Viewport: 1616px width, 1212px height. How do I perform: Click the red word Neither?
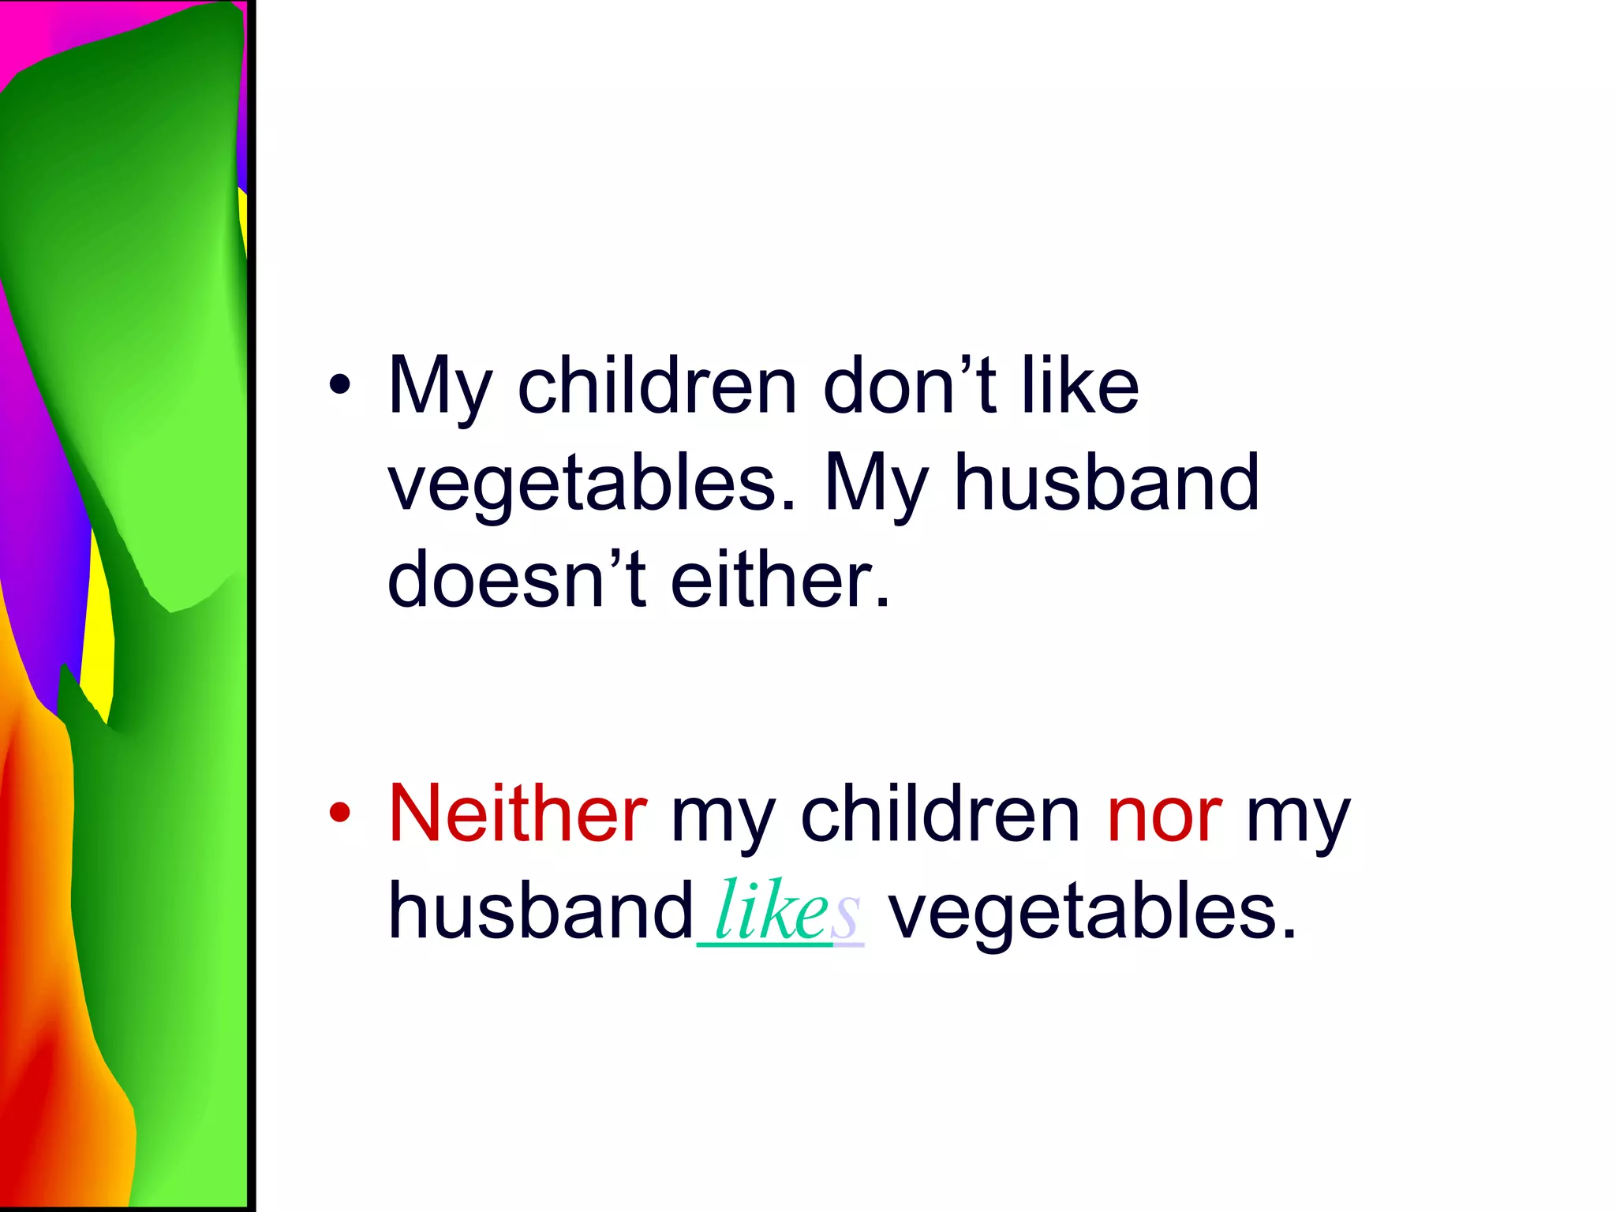(518, 814)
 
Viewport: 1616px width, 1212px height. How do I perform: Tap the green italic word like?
(771, 911)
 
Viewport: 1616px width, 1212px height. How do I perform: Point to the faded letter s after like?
(845, 917)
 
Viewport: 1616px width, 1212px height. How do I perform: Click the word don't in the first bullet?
(907, 387)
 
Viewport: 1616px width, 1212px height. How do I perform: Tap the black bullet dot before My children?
(340, 385)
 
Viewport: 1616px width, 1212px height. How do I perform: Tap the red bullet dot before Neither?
(340, 813)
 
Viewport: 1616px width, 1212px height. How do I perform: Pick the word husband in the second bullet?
(541, 911)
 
